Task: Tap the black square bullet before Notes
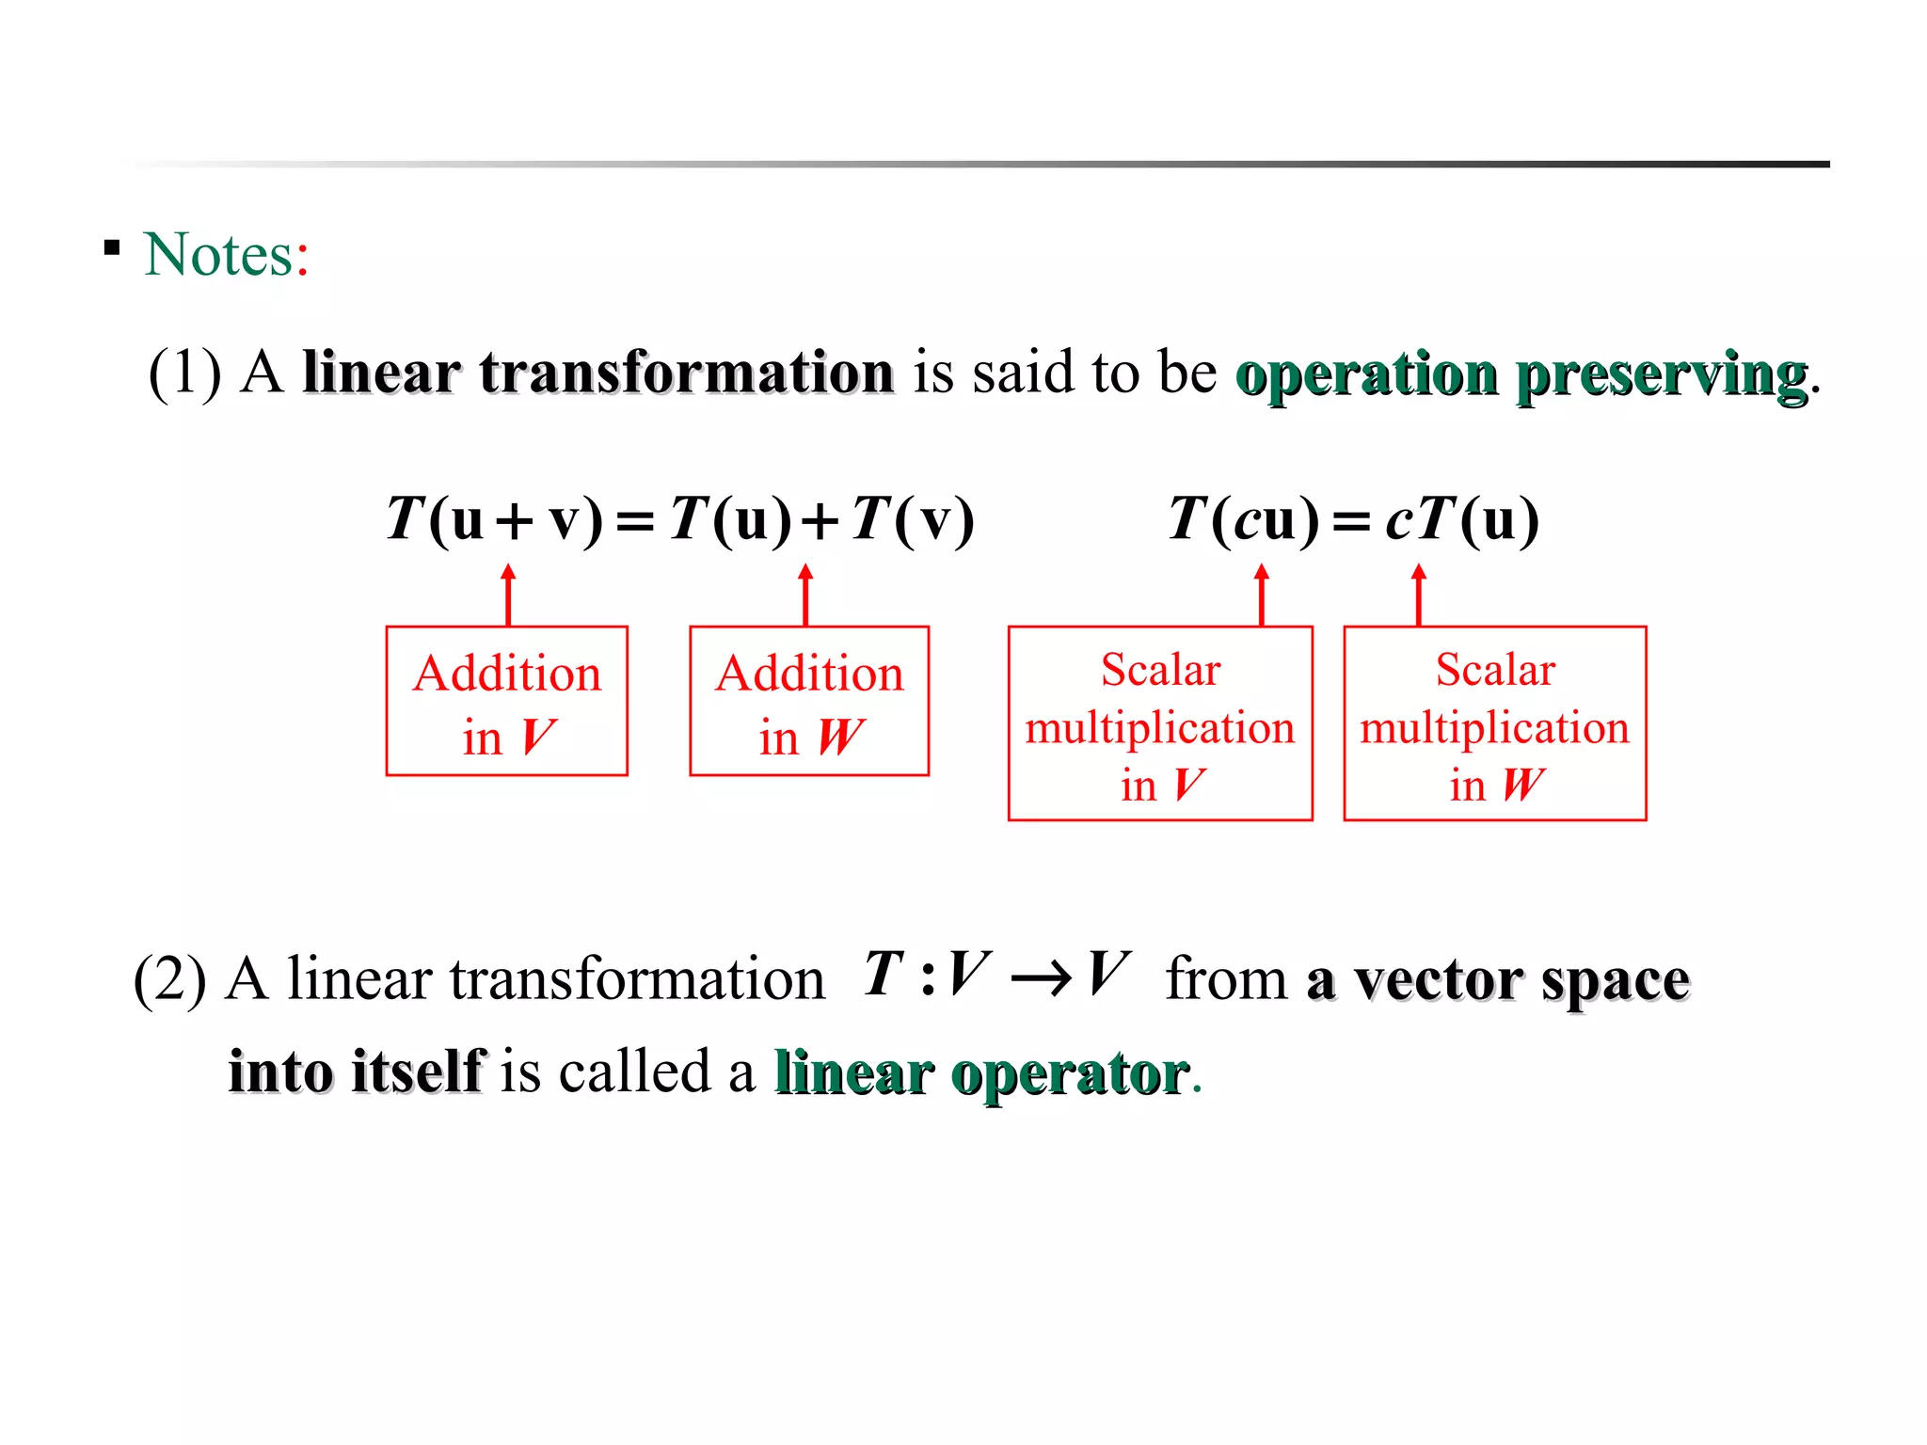112,248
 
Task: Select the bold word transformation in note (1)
686,373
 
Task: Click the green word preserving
1662,375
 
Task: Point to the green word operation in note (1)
1366,375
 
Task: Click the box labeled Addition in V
506,701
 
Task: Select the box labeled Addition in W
809,701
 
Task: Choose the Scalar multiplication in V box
1160,723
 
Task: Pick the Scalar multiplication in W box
1495,723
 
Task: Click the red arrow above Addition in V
508,595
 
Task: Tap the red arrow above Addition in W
805,595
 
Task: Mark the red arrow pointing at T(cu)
1262,595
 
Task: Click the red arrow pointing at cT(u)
1419,595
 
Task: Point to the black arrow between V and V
1040,979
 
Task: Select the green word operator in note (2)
1070,1073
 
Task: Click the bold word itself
419,1072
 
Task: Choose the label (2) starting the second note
169,979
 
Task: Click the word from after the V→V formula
1225,979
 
